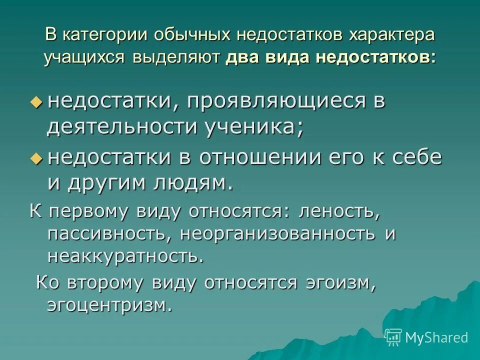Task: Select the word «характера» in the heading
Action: click(384, 36)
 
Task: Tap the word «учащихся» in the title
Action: click(83, 57)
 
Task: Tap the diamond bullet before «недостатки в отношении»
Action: click(35, 158)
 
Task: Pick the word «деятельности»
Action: click(122, 127)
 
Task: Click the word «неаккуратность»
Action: click(125, 255)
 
